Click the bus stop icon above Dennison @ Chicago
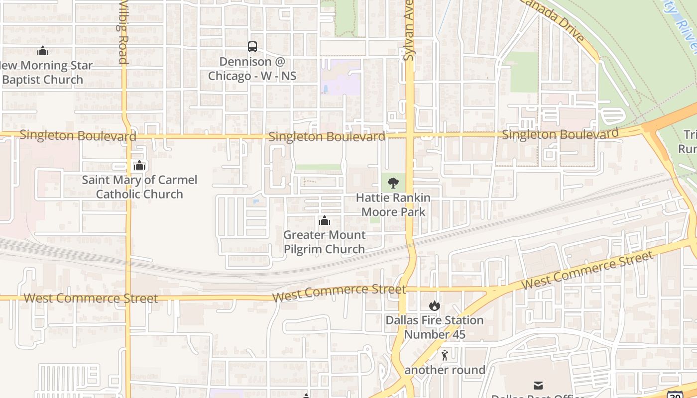click(x=252, y=47)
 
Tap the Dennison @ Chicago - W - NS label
click(x=252, y=69)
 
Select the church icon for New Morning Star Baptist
click(x=43, y=51)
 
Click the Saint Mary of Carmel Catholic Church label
click(x=139, y=187)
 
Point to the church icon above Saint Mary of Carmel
click(x=139, y=165)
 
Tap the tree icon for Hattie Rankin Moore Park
click(x=393, y=183)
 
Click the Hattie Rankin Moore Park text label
click(x=393, y=204)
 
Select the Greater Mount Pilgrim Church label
click(x=325, y=242)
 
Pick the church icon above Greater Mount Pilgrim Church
click(x=325, y=220)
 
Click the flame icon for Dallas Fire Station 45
click(x=435, y=305)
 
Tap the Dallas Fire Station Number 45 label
click(x=435, y=327)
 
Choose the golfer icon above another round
click(x=445, y=355)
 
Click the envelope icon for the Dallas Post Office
click(x=538, y=385)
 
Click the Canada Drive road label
click(x=553, y=20)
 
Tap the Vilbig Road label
click(x=123, y=32)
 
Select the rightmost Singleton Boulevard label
click(x=560, y=134)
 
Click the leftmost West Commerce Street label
click(x=91, y=298)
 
